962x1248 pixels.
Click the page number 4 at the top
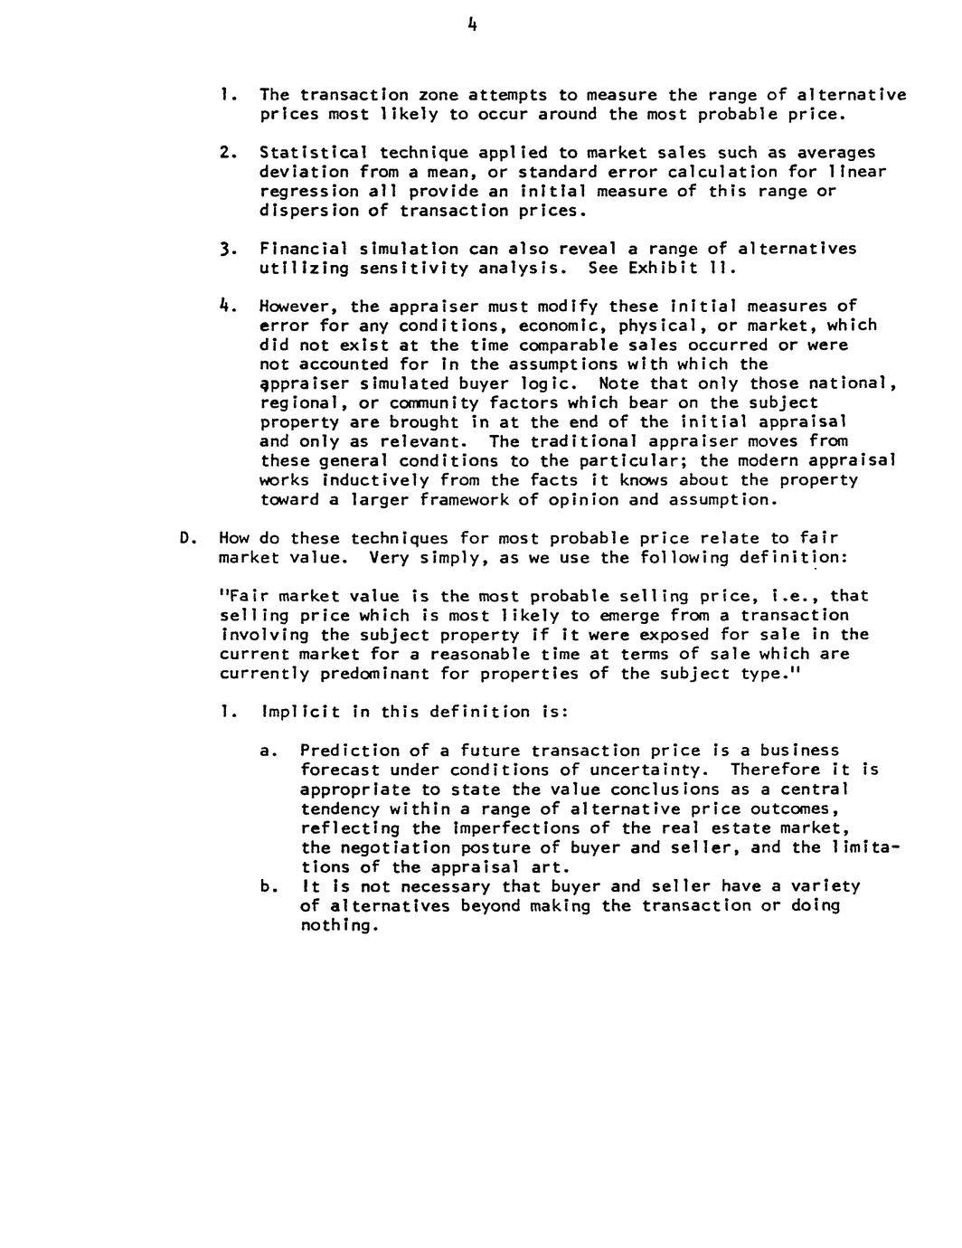pyautogui.click(x=472, y=26)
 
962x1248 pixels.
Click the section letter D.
pyautogui.click(x=184, y=538)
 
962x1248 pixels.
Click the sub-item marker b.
pyautogui.click(x=266, y=886)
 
